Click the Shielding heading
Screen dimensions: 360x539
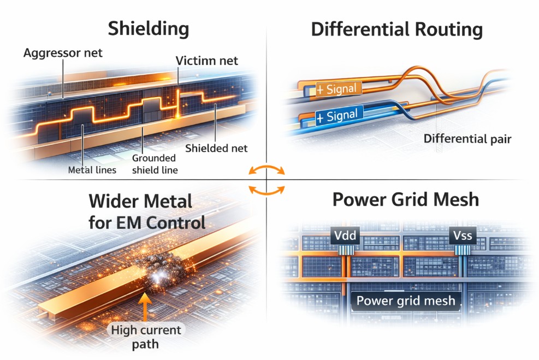click(x=148, y=28)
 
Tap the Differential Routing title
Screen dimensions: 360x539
click(x=397, y=29)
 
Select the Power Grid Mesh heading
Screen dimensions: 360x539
click(x=405, y=199)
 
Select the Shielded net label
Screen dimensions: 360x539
click(x=216, y=148)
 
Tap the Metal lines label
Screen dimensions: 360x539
click(x=92, y=170)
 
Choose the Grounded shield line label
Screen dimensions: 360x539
click(x=155, y=164)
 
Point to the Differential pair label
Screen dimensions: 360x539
click(x=467, y=139)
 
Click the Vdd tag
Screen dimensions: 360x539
click(x=345, y=237)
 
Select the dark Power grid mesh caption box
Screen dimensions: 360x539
click(x=405, y=300)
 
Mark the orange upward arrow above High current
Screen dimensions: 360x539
click(x=145, y=308)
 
